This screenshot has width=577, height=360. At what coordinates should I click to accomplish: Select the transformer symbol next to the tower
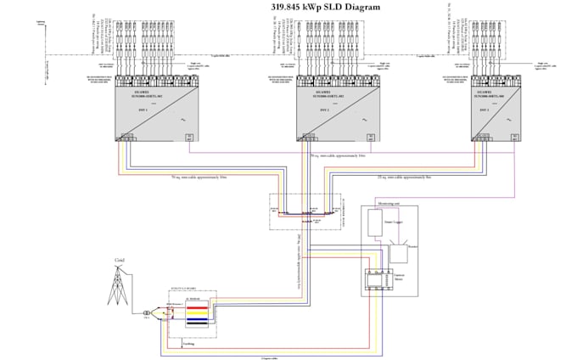tap(145, 312)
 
